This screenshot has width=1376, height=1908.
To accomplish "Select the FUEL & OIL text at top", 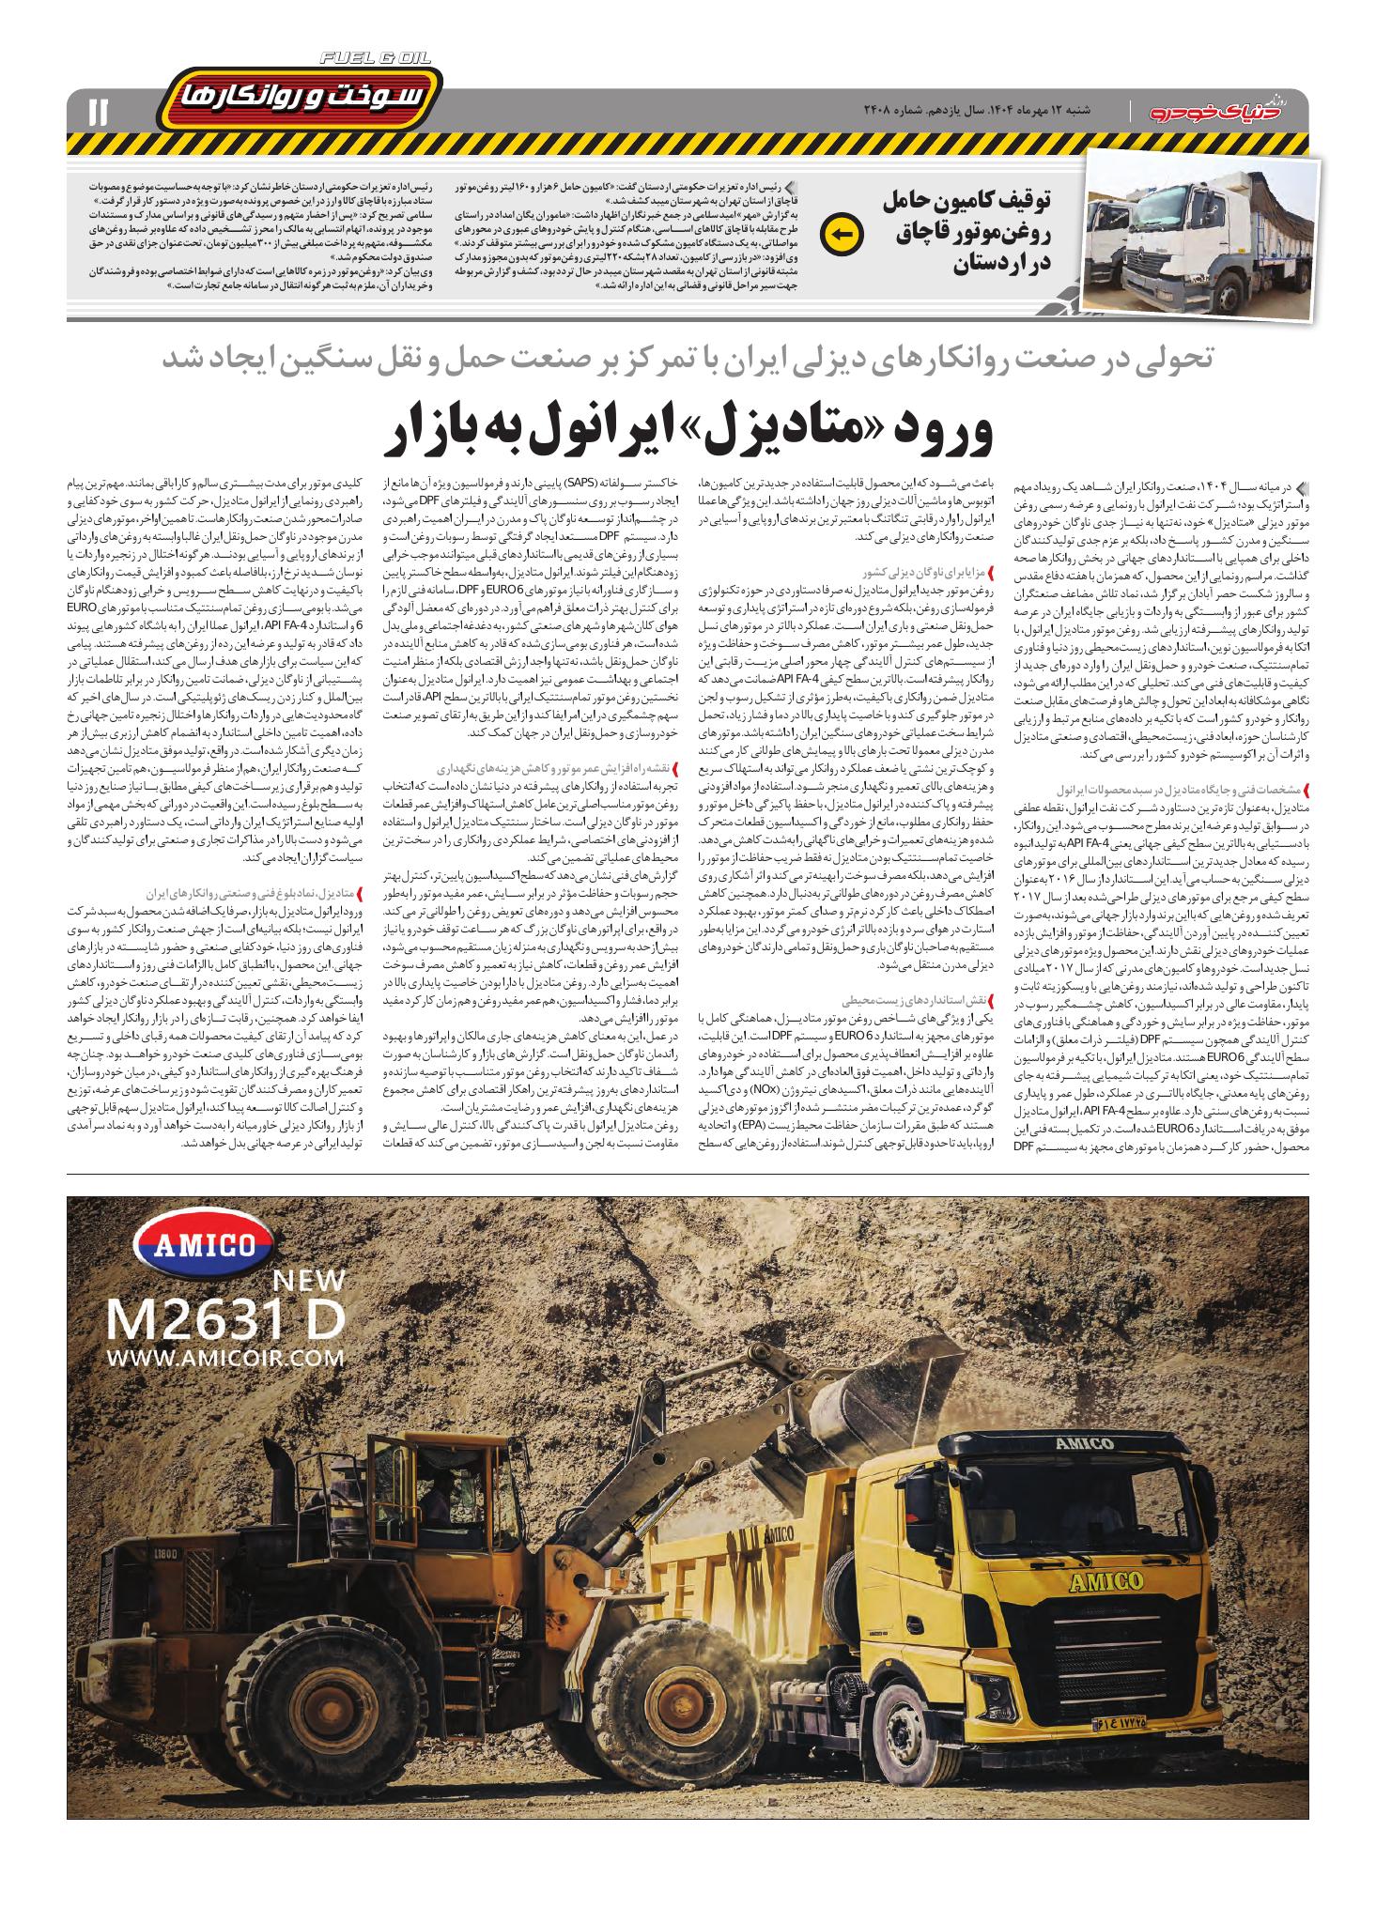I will pos(375,58).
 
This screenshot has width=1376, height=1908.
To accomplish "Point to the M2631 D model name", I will pos(226,1319).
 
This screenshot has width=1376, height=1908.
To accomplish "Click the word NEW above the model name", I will pos(309,1280).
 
